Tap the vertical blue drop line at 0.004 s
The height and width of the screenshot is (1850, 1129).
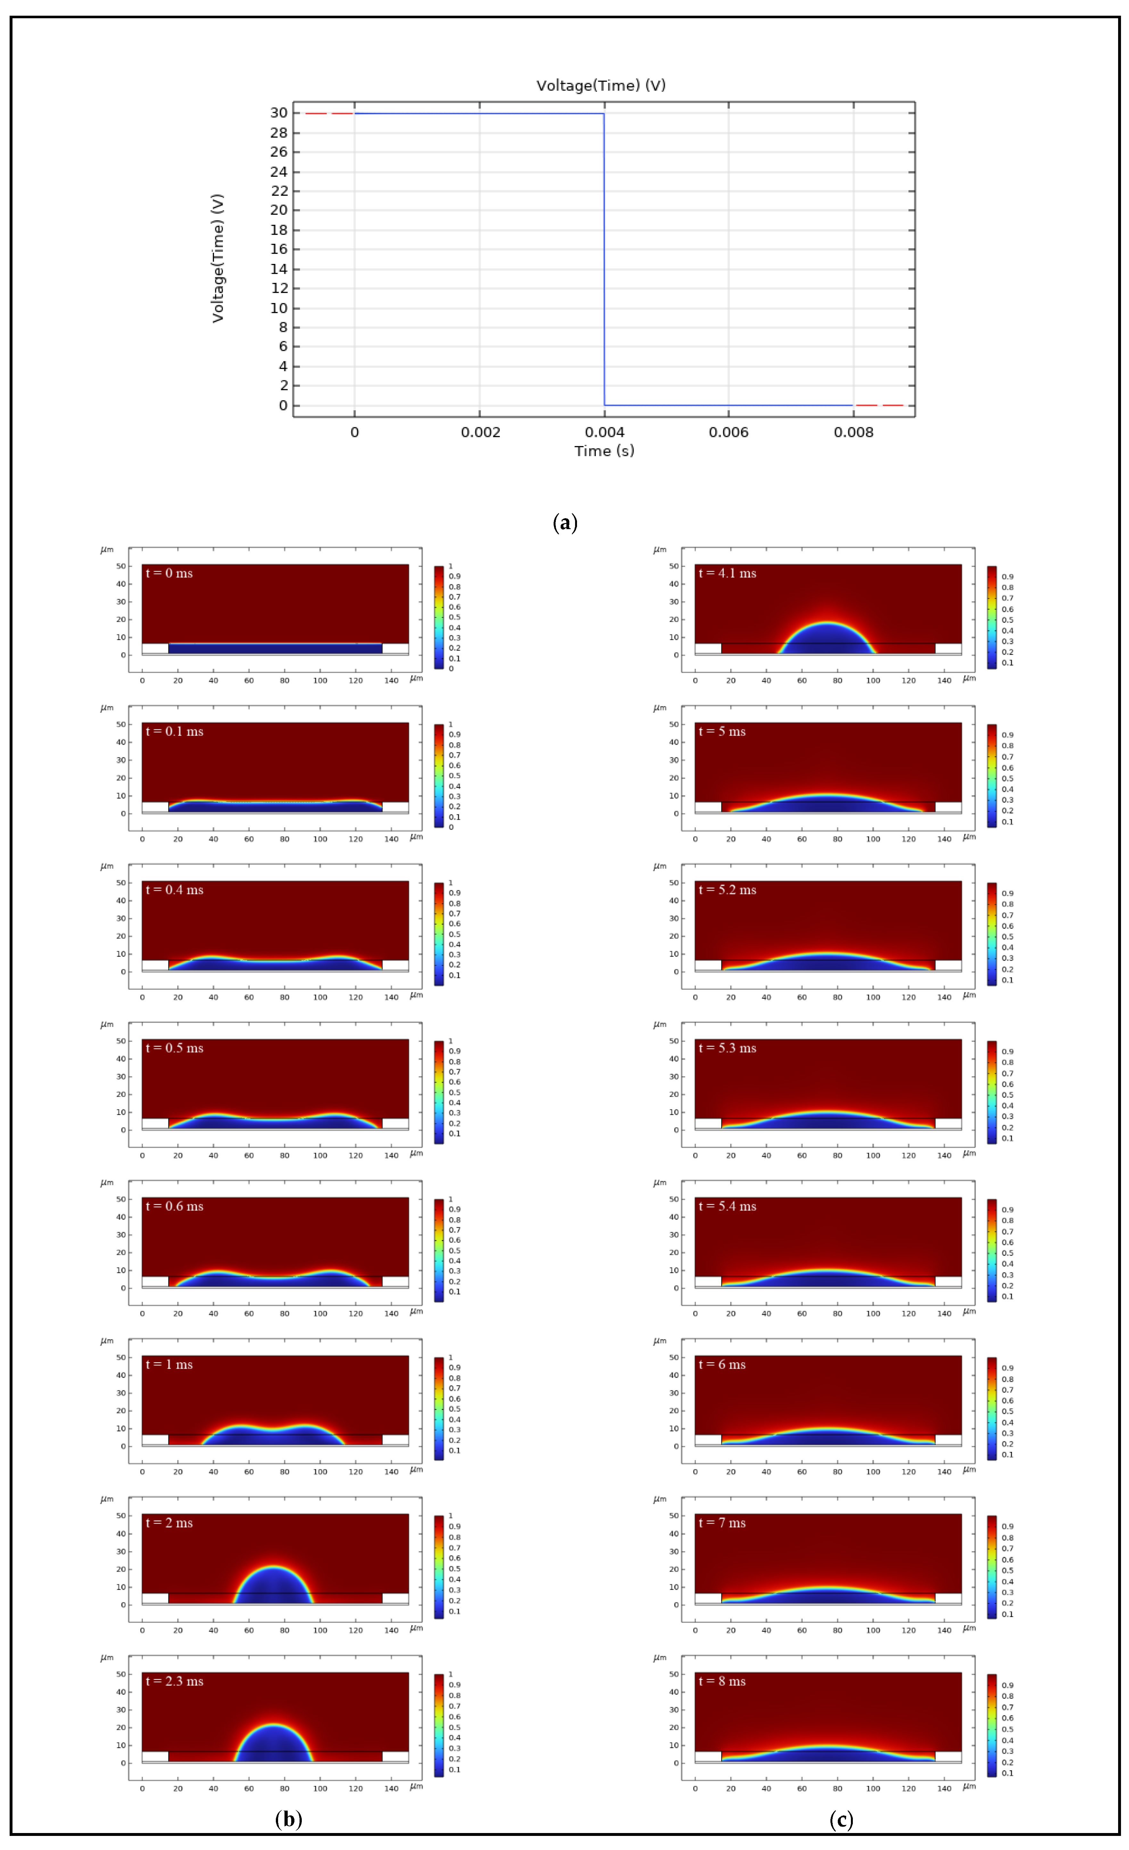[604, 259]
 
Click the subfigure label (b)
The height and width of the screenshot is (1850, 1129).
[288, 1819]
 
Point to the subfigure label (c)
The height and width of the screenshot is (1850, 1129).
[841, 1819]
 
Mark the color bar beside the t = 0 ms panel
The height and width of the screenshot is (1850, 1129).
[439, 617]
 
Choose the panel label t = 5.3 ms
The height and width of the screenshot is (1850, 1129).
[727, 1048]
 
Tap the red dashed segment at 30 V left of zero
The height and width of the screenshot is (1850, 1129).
[329, 113]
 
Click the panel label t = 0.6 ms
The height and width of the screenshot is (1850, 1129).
[174, 1207]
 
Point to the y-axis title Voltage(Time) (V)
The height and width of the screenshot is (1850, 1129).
[218, 259]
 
